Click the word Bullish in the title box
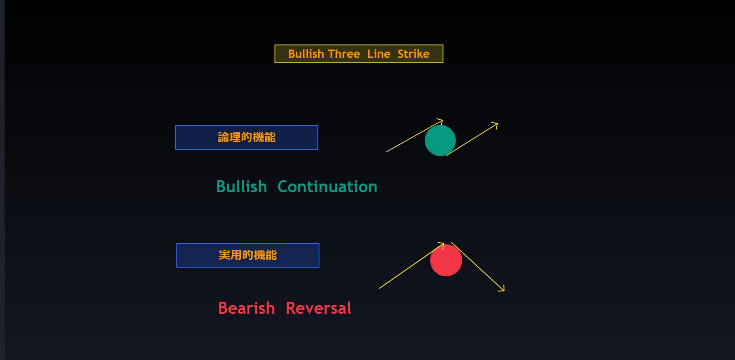[306, 54]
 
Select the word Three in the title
[344, 54]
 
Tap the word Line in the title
[379, 54]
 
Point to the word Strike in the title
[413, 54]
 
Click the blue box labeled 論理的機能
[247, 137]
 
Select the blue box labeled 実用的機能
[248, 255]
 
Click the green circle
[440, 141]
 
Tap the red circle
[446, 261]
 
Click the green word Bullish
[242, 187]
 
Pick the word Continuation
[327, 187]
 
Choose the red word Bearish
[247, 308]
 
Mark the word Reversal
[319, 308]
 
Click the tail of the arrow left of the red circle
[379, 288]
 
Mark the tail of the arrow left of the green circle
[386, 152]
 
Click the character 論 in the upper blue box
[224, 137]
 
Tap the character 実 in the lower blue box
[225, 255]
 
